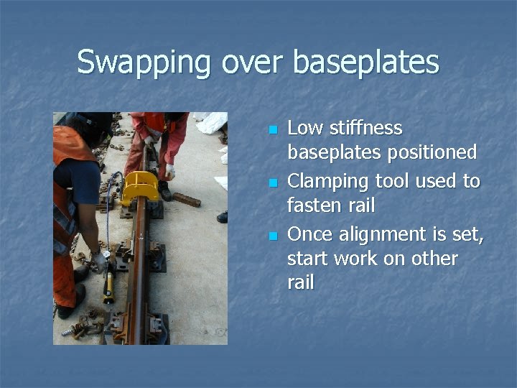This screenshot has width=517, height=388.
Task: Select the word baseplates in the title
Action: click(x=365, y=62)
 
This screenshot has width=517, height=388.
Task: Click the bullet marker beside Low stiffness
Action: click(x=272, y=130)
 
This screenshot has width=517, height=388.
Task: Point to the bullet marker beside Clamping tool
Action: click(x=272, y=183)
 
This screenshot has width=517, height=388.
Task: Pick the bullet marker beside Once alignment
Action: click(x=272, y=236)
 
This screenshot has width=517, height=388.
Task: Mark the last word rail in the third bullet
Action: click(x=301, y=283)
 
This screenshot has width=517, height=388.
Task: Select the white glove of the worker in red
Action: click(x=170, y=172)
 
